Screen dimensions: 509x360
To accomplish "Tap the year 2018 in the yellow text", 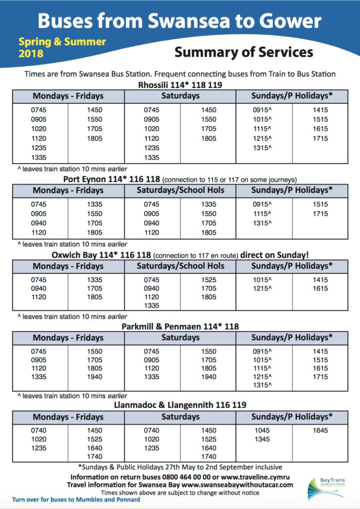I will [x=31, y=53].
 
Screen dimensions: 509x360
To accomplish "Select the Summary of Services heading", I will [x=244, y=52].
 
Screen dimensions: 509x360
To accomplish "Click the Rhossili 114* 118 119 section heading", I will [x=180, y=85].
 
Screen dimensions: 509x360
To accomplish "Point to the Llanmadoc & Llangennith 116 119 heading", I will [x=180, y=405].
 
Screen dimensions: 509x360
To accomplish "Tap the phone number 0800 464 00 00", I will [x=192, y=477].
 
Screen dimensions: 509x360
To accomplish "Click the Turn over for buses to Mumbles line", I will [x=76, y=500].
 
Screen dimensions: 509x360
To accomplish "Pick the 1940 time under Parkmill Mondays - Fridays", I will [x=94, y=377].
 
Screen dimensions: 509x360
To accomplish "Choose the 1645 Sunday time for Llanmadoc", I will [x=320, y=430].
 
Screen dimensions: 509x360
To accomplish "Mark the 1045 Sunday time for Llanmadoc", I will [x=262, y=430].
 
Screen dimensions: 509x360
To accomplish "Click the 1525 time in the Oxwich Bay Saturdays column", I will [x=209, y=280].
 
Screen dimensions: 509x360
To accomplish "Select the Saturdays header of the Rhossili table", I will [x=180, y=96].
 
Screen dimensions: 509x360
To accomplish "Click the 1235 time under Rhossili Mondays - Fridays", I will [x=38, y=148].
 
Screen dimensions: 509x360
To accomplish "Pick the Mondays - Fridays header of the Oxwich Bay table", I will [x=68, y=266].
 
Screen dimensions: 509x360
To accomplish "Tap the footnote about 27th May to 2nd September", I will [x=180, y=467].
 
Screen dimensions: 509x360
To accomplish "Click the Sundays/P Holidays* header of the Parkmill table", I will [x=292, y=338].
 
